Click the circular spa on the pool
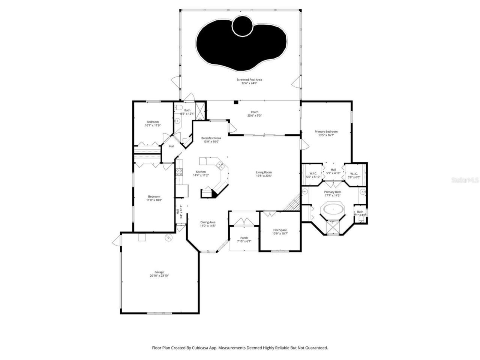[242, 25]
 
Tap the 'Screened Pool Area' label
[249, 79]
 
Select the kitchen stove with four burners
[180, 172]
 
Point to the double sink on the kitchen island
[220, 165]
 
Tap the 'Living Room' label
[264, 172]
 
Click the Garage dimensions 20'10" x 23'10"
[159, 276]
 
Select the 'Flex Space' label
[280, 230]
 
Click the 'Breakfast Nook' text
[211, 138]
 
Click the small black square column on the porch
[235, 102]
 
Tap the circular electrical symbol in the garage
[168, 237]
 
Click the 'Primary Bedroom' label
[326, 132]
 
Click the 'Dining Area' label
[207, 222]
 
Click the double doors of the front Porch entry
[244, 222]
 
